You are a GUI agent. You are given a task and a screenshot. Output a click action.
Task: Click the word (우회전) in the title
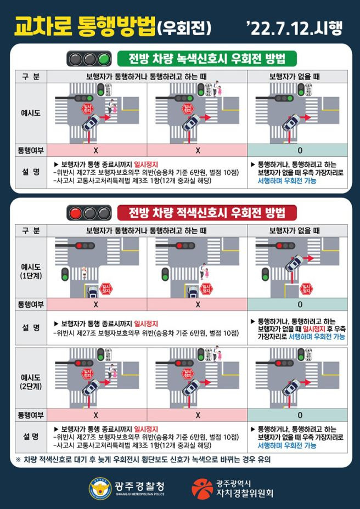click(184, 27)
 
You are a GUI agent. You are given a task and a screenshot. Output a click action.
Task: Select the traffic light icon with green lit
click(88, 58)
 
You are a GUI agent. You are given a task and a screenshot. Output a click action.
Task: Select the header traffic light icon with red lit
click(88, 212)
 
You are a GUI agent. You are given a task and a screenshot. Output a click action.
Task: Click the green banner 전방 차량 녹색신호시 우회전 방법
click(207, 58)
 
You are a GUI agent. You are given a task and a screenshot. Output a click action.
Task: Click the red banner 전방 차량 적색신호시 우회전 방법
click(207, 212)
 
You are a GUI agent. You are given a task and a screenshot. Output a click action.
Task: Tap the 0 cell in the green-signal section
click(300, 150)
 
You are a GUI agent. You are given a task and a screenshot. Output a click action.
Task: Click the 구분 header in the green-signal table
click(31, 76)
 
